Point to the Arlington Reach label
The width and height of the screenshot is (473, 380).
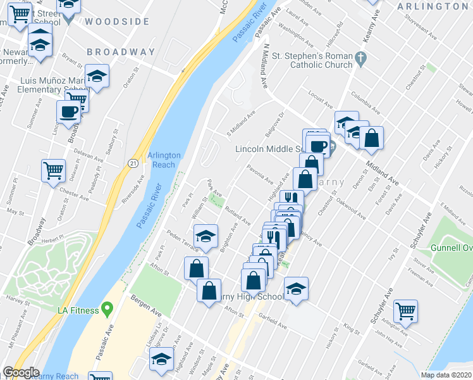pyautogui.click(x=164, y=160)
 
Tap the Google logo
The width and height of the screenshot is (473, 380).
pyautogui.click(x=21, y=372)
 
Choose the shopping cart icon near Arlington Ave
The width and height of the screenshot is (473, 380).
pyautogui.click(x=405, y=311)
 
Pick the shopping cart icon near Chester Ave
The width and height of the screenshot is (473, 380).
pyautogui.click(x=53, y=170)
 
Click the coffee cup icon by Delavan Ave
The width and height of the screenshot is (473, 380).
pyautogui.click(x=69, y=112)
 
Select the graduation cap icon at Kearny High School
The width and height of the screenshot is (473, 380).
pyautogui.click(x=296, y=288)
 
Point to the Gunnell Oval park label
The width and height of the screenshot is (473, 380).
pyautogui.click(x=451, y=246)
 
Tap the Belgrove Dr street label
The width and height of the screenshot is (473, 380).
pyautogui.click(x=275, y=122)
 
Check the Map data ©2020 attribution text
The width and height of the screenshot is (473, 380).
pyautogui.click(x=446, y=375)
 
